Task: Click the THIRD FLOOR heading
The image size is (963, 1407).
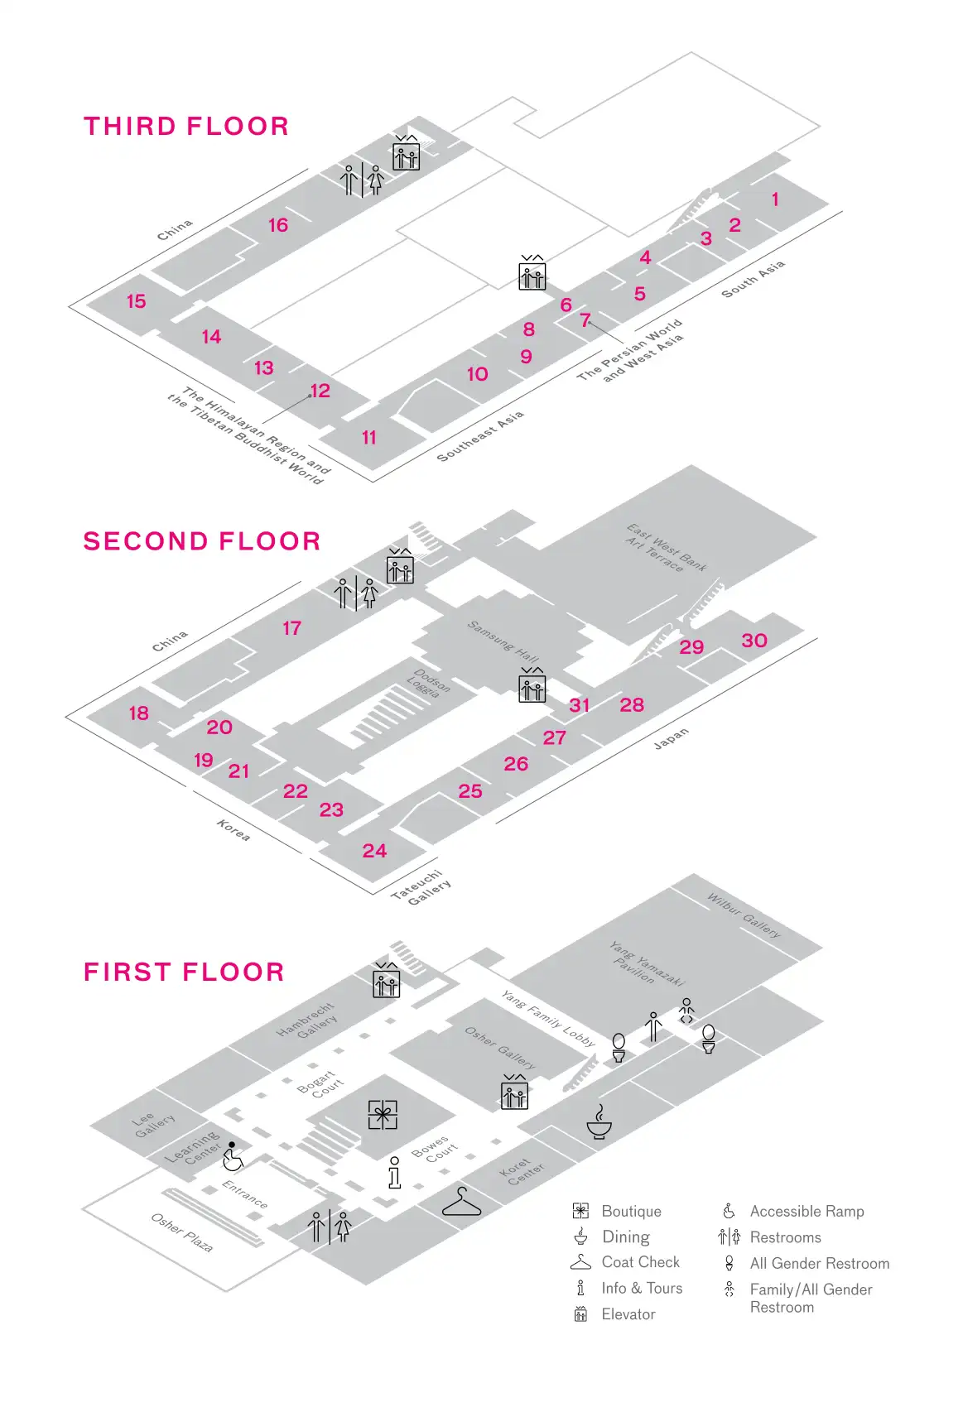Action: click(x=186, y=126)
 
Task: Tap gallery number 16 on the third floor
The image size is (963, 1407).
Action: click(x=278, y=225)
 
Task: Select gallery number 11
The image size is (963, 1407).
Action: click(x=369, y=437)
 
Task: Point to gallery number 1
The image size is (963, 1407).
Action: click(x=775, y=199)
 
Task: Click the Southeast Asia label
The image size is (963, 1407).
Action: click(x=480, y=435)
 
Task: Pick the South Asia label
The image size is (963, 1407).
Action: click(x=753, y=279)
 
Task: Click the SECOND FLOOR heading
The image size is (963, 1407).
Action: click(x=202, y=540)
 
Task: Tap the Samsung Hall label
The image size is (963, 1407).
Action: click(x=503, y=641)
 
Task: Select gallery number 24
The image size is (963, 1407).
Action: click(x=374, y=851)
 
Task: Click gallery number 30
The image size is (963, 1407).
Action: click(x=754, y=640)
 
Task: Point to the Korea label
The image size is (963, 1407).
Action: click(x=234, y=829)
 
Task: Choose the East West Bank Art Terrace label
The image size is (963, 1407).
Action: click(x=666, y=548)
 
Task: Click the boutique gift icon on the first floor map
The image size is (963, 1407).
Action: click(x=383, y=1115)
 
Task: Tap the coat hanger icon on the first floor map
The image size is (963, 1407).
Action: click(x=461, y=1202)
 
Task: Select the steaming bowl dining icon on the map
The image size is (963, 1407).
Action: click(x=599, y=1122)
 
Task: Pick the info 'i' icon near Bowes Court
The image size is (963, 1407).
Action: click(x=395, y=1172)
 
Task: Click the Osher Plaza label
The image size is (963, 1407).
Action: click(x=182, y=1232)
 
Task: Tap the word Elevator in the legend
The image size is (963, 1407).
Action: click(x=628, y=1314)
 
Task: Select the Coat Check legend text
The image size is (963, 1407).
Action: click(x=640, y=1262)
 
